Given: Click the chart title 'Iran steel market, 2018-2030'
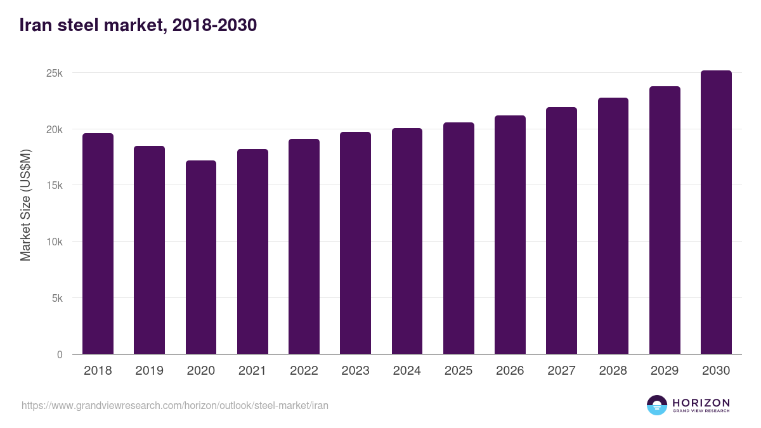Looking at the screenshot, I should pyautogui.click(x=138, y=25).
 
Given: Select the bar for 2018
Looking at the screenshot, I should pyautogui.click(x=98, y=244).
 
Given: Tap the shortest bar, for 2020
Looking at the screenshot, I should pyautogui.click(x=201, y=257).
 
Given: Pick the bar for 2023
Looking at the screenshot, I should pyautogui.click(x=355, y=243).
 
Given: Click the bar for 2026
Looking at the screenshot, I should pyautogui.click(x=510, y=235).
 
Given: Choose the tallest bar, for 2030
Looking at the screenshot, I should pyautogui.click(x=716, y=212).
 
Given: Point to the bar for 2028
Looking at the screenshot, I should pyautogui.click(x=613, y=226).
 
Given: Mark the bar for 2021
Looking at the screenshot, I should pyautogui.click(x=252, y=252).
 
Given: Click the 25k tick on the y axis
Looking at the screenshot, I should pyautogui.click(x=55, y=74).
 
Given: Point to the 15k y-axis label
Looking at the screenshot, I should pyautogui.click(x=55, y=186).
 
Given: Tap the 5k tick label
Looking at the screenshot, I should pyautogui.click(x=57, y=298).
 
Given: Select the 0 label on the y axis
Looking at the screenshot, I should pyautogui.click(x=60, y=354).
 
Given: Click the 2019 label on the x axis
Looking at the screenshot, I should pyautogui.click(x=149, y=371).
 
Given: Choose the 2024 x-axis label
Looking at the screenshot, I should pyautogui.click(x=407, y=371).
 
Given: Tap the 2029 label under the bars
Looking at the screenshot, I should pyautogui.click(x=665, y=371).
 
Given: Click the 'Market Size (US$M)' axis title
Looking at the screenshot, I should pyautogui.click(x=25, y=205).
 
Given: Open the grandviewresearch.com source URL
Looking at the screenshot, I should pyautogui.click(x=175, y=405).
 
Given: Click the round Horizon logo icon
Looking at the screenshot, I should pyautogui.click(x=656, y=405).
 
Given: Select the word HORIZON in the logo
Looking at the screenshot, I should pyautogui.click(x=701, y=403).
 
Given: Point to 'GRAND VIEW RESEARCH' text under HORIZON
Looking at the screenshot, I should pyautogui.click(x=701, y=412).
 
